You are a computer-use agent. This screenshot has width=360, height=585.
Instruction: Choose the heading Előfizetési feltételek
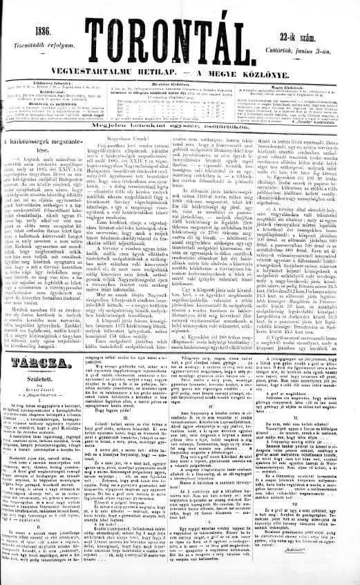(44, 81)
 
